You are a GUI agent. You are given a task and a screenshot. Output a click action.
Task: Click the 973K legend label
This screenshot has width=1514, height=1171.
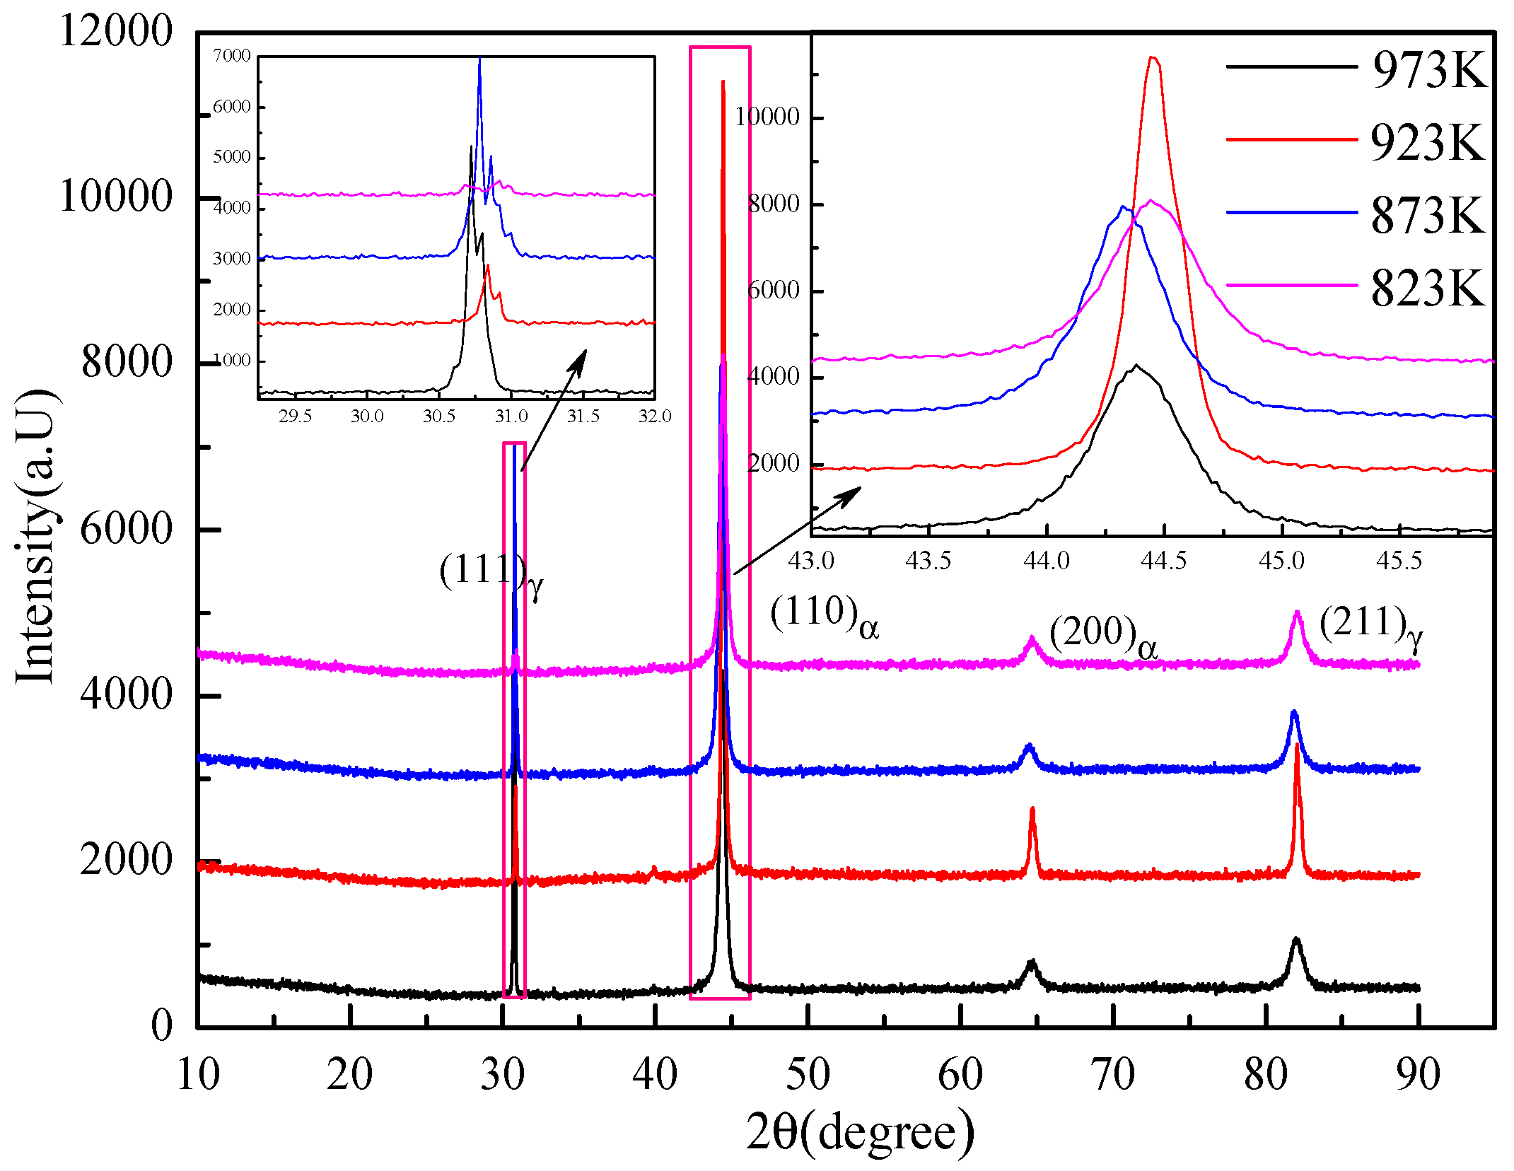pos(1429,70)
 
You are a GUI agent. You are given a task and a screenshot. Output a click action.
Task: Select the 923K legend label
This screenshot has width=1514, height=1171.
pos(1428,143)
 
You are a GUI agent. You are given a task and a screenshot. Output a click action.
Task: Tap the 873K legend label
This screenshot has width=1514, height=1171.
pos(1428,216)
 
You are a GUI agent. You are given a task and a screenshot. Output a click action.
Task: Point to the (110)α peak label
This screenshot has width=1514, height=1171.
pos(824,615)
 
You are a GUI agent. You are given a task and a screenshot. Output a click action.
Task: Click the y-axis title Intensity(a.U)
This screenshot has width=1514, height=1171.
pos(35,537)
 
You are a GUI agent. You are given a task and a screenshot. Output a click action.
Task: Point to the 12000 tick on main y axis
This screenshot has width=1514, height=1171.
pos(116,31)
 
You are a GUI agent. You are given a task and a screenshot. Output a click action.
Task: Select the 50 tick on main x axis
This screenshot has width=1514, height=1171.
pos(808,1075)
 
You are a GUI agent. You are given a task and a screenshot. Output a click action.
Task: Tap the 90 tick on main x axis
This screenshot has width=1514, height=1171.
pos(1418,1075)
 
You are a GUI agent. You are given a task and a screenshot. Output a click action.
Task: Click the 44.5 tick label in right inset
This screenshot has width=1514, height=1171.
pos(1163,561)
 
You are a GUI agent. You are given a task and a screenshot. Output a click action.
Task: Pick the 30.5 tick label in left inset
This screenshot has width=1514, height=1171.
pos(438,416)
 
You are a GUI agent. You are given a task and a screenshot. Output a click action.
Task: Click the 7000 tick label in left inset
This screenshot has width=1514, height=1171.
pos(232,55)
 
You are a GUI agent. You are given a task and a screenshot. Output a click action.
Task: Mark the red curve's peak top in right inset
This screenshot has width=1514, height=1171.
pos(1153,58)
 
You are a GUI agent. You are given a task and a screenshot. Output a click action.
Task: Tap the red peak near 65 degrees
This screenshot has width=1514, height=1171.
pos(1032,810)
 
